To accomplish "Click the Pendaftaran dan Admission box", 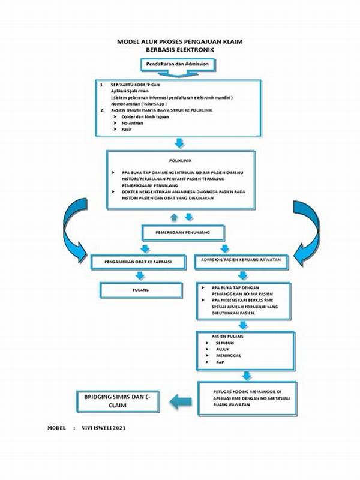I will [x=177, y=64].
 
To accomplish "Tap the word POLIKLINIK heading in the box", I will [x=180, y=161].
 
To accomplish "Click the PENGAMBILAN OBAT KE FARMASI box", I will [x=139, y=262].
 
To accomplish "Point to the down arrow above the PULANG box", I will [x=140, y=276].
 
